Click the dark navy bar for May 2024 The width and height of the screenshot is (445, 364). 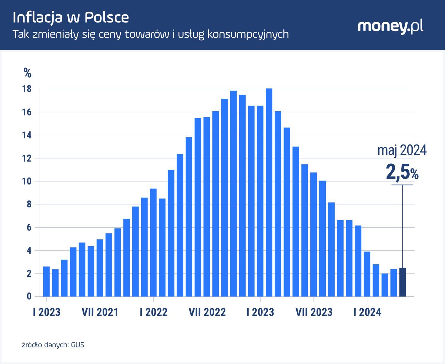coord(403,282)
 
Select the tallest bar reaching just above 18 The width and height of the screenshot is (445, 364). coord(269,193)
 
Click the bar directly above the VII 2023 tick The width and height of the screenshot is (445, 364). coord(314,234)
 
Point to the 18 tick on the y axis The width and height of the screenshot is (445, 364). coord(27,89)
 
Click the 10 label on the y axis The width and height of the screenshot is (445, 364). coord(27,181)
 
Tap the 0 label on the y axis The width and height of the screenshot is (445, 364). coord(29,296)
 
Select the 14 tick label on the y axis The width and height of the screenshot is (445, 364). coord(27,135)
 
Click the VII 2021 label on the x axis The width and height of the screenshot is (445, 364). coord(100,312)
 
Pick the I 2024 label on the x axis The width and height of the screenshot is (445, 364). coord(367,312)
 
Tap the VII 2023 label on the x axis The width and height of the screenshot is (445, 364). coord(314,312)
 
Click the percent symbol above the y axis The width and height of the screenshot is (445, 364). coord(28,73)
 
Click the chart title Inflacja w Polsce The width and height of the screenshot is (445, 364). coord(71,18)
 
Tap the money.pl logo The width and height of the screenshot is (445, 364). coord(390,27)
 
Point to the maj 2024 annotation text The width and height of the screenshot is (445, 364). coord(402,150)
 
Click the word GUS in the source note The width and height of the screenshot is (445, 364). coord(78,345)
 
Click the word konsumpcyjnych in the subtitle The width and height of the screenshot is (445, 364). coord(248,34)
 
